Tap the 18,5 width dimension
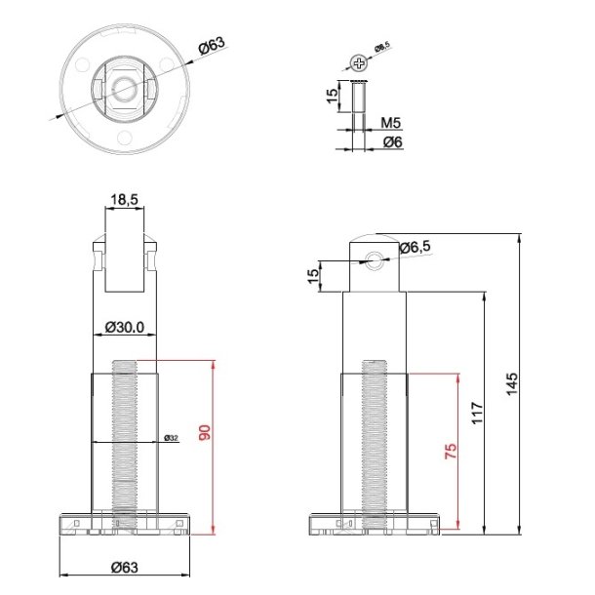(124, 199)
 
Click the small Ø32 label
(171, 437)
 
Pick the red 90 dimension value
(205, 432)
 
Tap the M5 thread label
(391, 123)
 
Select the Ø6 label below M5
(392, 142)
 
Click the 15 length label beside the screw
(332, 96)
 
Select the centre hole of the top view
(125, 88)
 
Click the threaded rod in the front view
(124, 439)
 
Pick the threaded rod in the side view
(373, 439)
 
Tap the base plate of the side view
(373, 524)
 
